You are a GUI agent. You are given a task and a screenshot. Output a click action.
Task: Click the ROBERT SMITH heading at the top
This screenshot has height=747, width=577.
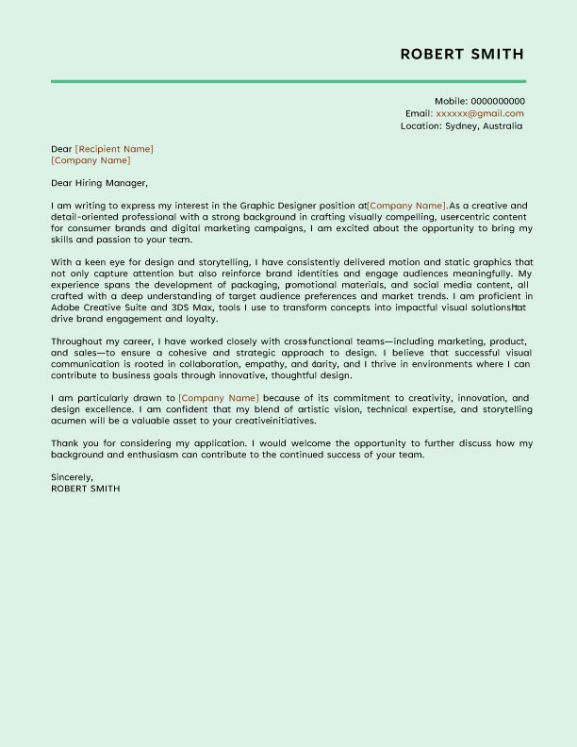[462, 54]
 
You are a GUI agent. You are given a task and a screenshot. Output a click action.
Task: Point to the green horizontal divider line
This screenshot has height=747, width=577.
[288, 82]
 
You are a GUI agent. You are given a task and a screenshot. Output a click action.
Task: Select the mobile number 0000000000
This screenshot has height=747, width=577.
[498, 101]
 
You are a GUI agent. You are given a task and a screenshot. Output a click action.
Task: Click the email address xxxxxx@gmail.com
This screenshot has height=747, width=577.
[480, 113]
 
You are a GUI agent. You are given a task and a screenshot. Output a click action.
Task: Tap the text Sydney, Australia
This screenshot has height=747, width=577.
[484, 125]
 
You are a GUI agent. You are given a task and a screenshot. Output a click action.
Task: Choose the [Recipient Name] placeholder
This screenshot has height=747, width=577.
[114, 149]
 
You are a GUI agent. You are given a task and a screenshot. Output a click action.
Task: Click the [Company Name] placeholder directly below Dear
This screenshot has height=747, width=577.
[91, 160]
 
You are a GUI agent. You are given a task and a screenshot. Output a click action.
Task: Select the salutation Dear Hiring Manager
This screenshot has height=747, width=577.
[100, 183]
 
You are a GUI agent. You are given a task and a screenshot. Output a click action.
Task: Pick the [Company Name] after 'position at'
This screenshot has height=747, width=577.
[406, 206]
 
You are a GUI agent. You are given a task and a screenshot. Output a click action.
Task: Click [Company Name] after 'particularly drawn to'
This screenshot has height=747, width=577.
[218, 398]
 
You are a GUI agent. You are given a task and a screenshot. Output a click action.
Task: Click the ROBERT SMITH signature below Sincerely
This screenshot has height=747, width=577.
[86, 489]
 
